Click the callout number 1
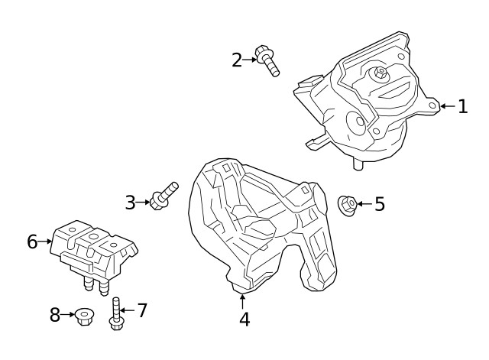[462, 106]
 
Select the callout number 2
[237, 59]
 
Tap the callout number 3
[130, 202]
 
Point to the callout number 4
[244, 319]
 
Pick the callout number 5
[379, 204]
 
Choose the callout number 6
[32, 242]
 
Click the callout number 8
[55, 314]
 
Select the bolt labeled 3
[164, 195]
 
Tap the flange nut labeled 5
[346, 204]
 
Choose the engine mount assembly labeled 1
[367, 99]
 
